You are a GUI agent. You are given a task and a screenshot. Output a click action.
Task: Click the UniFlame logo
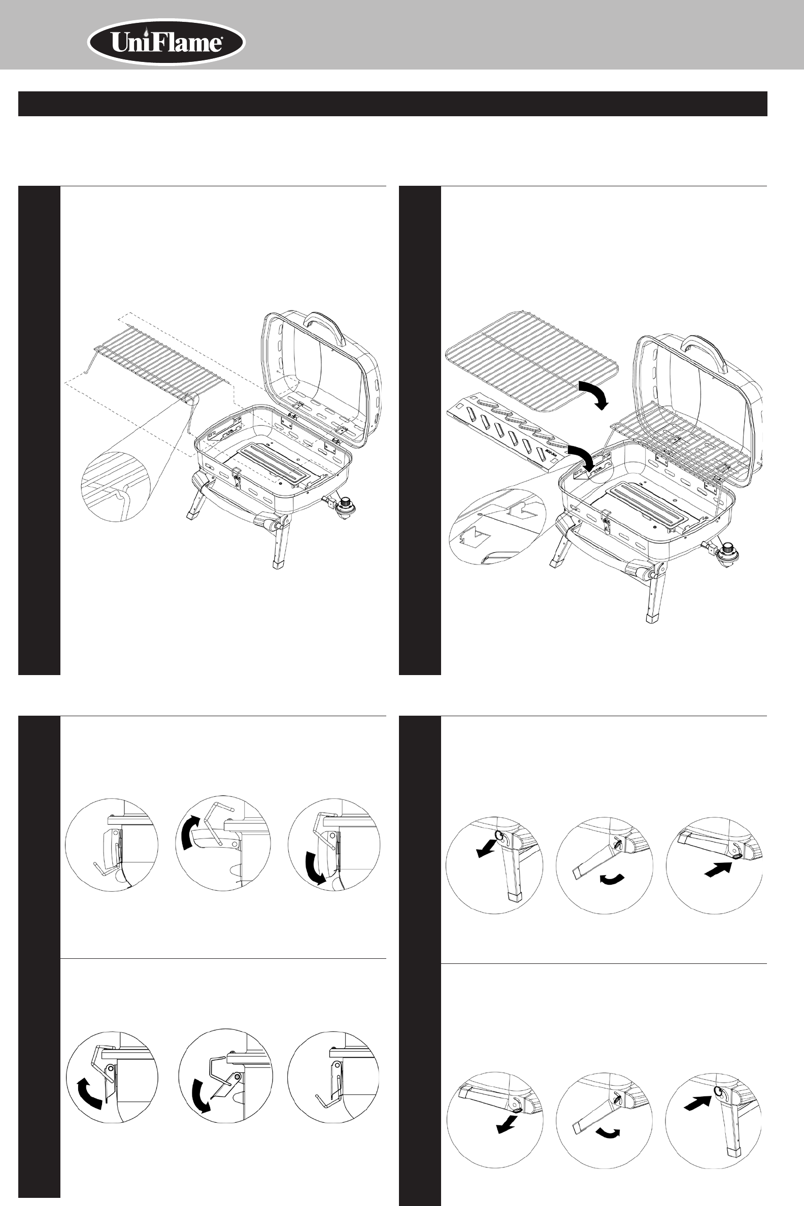pyautogui.click(x=166, y=43)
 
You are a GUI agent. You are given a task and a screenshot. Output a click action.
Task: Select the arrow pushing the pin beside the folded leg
pyautogui.click(x=717, y=868)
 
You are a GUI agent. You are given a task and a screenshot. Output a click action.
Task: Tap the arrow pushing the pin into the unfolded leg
pyautogui.click(x=698, y=1101)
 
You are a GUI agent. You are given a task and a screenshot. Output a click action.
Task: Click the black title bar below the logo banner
pyautogui.click(x=393, y=104)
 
